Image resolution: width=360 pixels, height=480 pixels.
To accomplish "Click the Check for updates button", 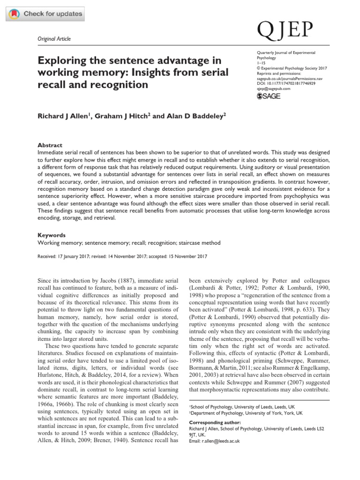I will (x=45, y=14).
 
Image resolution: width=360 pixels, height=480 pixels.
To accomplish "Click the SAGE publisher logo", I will (x=270, y=96).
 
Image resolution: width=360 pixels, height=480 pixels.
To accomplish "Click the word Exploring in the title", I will (x=61, y=61).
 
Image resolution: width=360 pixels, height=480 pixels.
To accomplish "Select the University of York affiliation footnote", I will (x=246, y=413).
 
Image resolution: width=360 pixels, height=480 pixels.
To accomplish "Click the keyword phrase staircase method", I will (x=200, y=243).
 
